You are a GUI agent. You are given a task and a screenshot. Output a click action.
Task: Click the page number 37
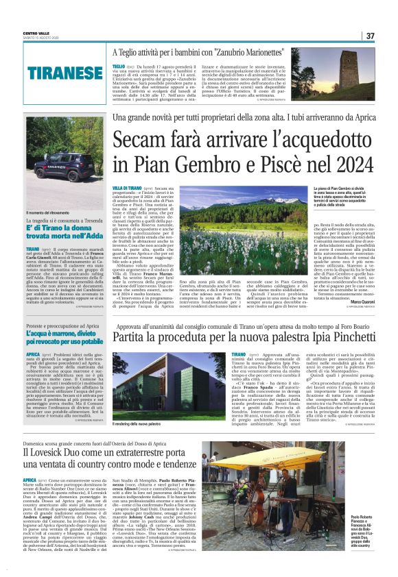(370, 36)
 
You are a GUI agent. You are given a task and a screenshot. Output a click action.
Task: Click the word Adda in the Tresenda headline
(77, 254)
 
